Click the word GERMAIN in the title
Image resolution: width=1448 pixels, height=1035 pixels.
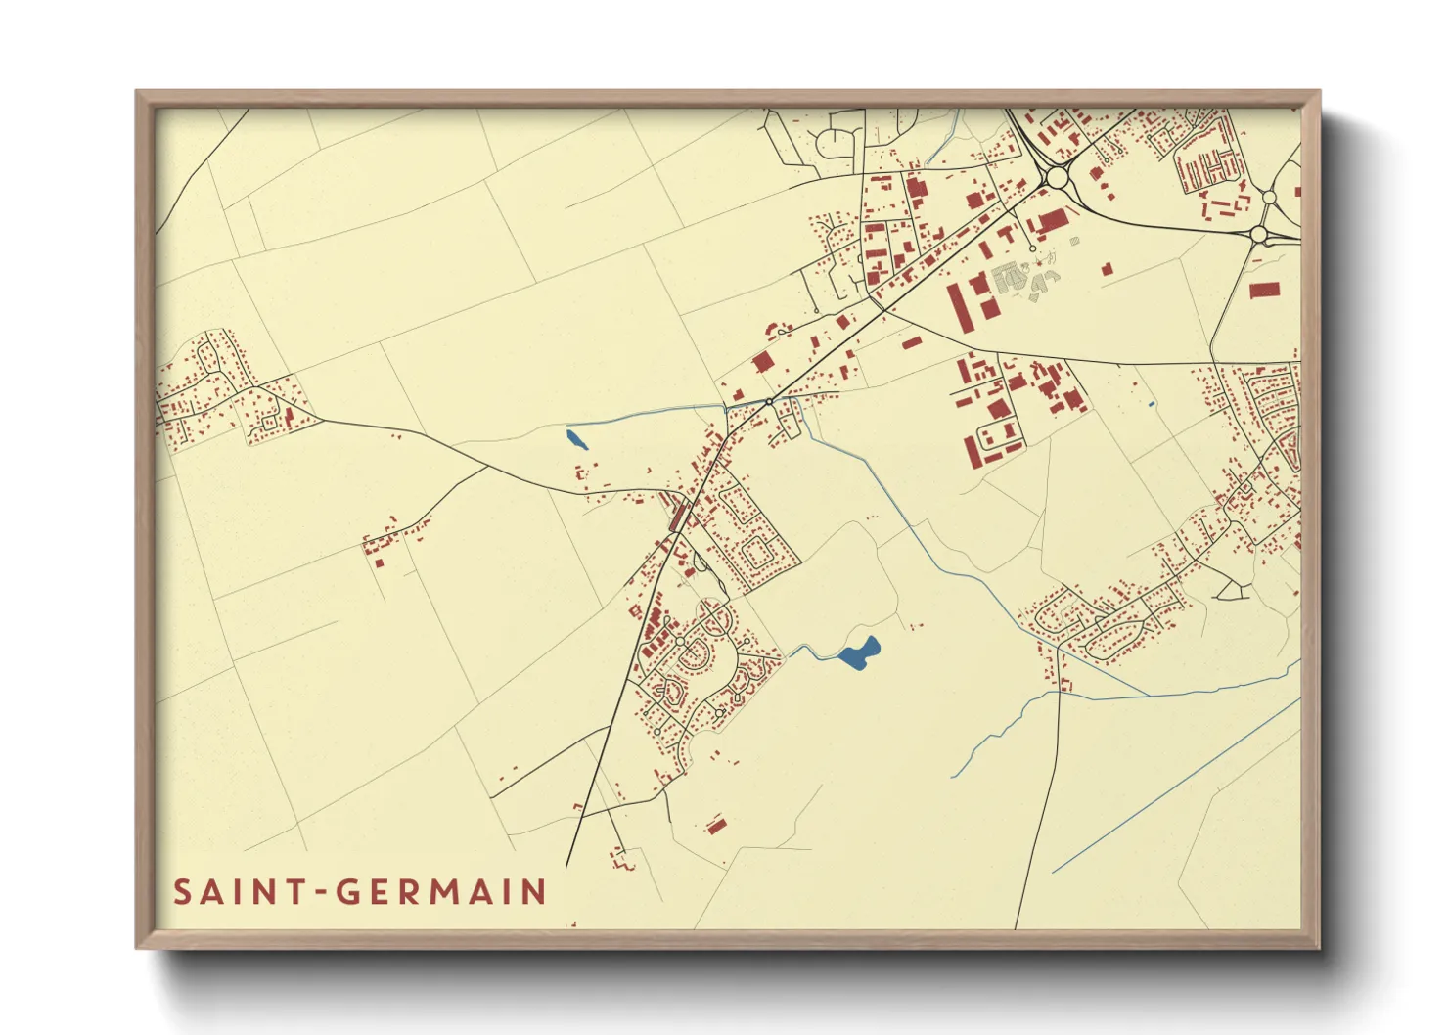coord(441,892)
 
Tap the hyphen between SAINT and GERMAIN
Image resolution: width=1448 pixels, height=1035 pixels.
coord(321,893)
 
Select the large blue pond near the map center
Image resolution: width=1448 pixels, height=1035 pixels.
coord(859,652)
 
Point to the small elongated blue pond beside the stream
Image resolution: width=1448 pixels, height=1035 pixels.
coord(577,438)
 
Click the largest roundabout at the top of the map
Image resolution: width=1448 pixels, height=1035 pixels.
coord(1057,178)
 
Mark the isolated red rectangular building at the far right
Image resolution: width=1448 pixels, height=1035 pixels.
coord(1264,290)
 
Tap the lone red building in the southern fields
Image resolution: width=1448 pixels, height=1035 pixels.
coord(716,827)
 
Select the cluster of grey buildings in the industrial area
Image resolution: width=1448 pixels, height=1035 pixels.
coord(1022,278)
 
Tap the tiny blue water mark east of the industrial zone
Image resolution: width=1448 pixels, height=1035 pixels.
coord(1152,404)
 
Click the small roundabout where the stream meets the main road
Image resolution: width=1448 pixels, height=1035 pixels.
coord(770,401)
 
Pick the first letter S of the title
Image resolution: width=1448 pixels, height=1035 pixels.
coord(182,892)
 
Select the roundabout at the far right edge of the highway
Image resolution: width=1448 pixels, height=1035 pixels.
coord(1258,234)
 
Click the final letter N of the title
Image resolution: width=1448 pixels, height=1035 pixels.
coord(534,892)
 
